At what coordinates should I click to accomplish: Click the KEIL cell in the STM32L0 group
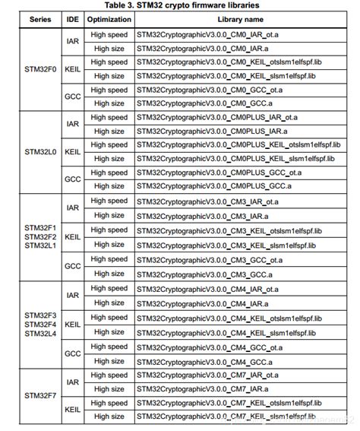[72, 152]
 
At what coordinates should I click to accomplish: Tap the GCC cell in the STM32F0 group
[72, 97]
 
